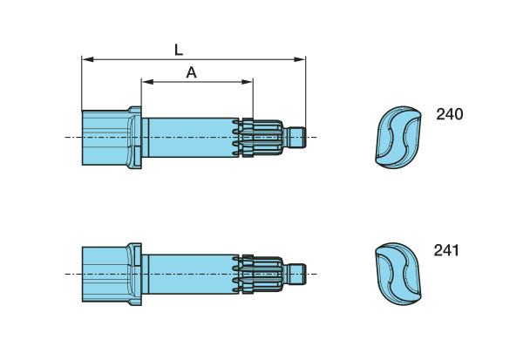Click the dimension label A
click(x=192, y=72)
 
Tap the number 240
click(x=449, y=114)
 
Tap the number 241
click(x=447, y=251)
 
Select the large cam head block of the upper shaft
click(x=105, y=137)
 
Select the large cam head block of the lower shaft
click(x=105, y=274)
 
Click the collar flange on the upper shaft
click(x=134, y=137)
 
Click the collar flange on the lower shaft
click(x=134, y=274)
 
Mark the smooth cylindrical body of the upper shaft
click(x=192, y=137)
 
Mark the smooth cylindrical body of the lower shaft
click(x=192, y=274)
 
